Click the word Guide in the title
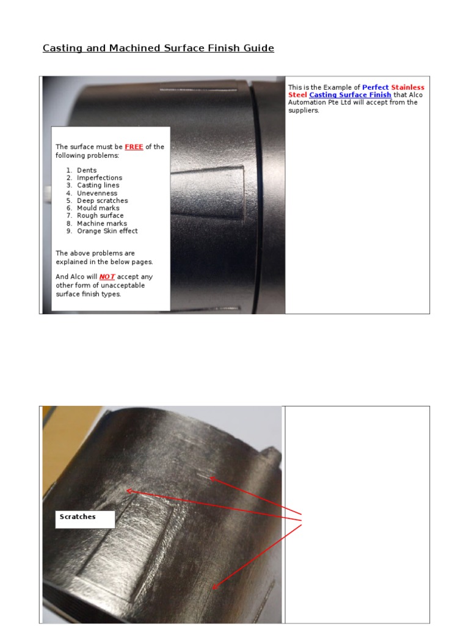tap(259, 48)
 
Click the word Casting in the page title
tap(62, 48)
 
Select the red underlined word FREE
tap(134, 147)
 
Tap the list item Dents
tap(87, 171)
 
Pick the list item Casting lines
tap(98, 185)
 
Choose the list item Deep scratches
tap(102, 201)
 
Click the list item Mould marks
tap(98, 208)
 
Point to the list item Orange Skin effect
tap(107, 231)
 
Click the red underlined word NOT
tap(107, 277)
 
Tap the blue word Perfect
tap(375, 87)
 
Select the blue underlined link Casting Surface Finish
tap(350, 95)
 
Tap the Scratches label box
tap(85, 519)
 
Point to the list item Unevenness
tap(97, 193)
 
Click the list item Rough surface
tap(100, 216)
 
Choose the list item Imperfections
tap(100, 178)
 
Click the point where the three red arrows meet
tap(303, 519)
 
